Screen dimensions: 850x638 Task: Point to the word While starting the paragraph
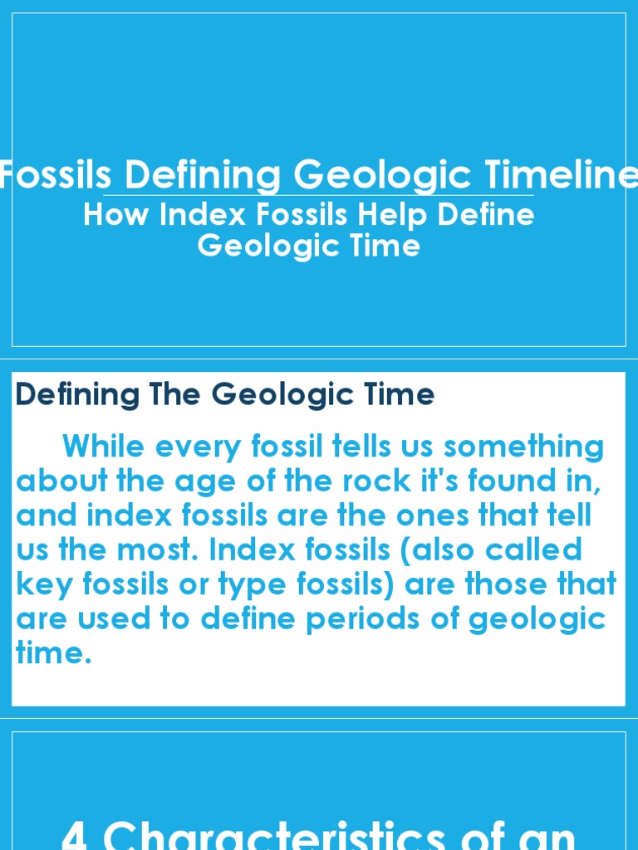[103, 447]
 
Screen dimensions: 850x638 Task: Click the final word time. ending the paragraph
[53, 653]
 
